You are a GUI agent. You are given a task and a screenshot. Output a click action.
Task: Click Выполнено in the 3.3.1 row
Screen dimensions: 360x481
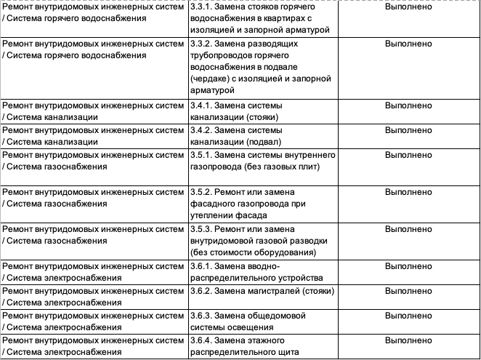pos(408,6)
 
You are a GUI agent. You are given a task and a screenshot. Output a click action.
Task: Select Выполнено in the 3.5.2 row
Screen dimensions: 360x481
pos(408,191)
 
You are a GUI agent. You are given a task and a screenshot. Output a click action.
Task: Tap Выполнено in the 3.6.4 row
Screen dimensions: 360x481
pos(408,340)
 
